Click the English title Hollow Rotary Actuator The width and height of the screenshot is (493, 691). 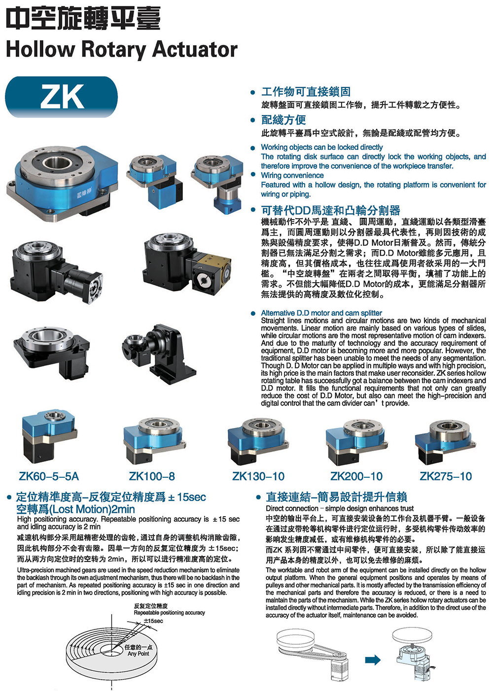pyautogui.click(x=122, y=49)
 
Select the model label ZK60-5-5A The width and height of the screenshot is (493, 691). pyautogui.click(x=49, y=476)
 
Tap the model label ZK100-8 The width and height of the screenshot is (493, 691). pyautogui.click(x=152, y=476)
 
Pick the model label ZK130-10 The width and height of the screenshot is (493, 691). pyautogui.click(x=258, y=476)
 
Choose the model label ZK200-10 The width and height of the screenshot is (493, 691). pyautogui.click(x=356, y=476)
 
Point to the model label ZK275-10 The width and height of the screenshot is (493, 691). pyautogui.click(x=446, y=476)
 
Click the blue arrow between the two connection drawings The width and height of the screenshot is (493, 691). pyautogui.click(x=373, y=659)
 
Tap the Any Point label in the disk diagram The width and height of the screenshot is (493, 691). pyautogui.click(x=139, y=654)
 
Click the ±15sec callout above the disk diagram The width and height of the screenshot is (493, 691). pyautogui.click(x=153, y=621)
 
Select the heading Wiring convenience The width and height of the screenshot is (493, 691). pyautogui.click(x=292, y=175)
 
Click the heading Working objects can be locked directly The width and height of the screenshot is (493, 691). pyautogui.click(x=321, y=147)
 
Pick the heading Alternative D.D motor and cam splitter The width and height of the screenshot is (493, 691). pyautogui.click(x=321, y=313)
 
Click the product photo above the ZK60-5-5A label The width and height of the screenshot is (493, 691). pyautogui.click(x=49, y=436)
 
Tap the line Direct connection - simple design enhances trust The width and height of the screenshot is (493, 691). pyautogui.click(x=340, y=508)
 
